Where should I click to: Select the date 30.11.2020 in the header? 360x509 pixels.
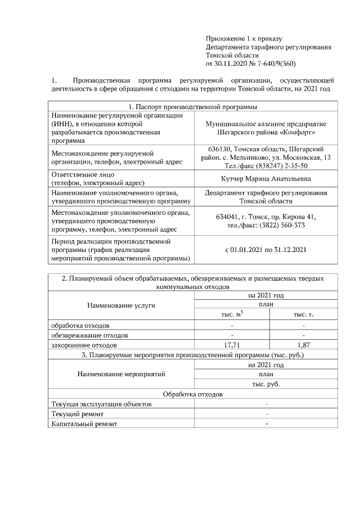(233, 64)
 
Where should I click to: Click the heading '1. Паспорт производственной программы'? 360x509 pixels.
(192, 107)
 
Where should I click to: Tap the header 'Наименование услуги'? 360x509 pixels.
(121, 305)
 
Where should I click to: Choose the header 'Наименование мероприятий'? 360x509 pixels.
(121, 374)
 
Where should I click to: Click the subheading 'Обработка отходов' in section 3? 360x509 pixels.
(192, 394)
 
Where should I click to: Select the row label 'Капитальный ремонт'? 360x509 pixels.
(84, 424)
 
